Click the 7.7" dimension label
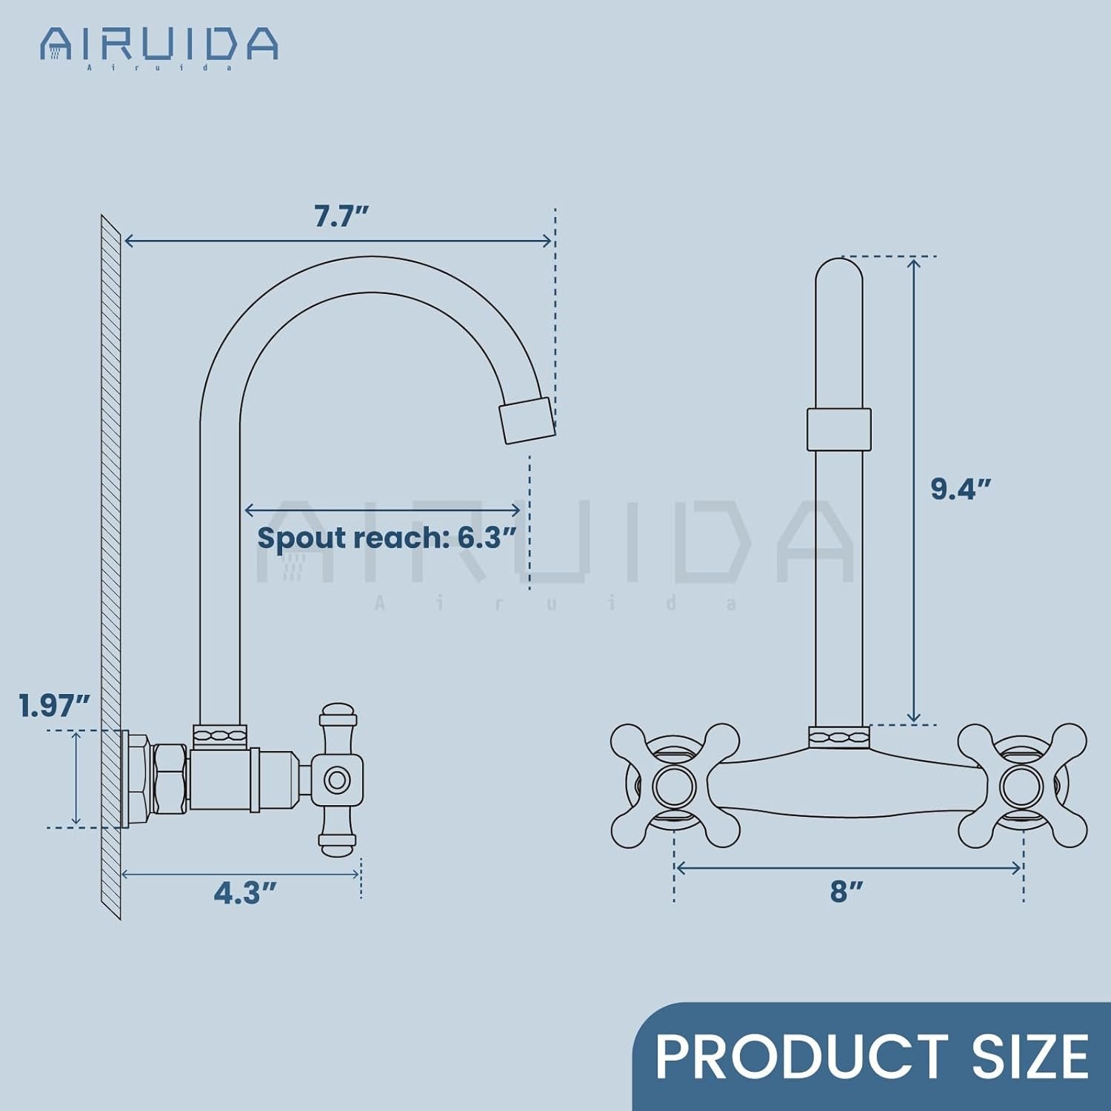coord(341,217)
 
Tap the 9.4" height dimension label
coord(961,490)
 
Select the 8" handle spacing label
coord(847,892)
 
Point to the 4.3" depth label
coord(245,894)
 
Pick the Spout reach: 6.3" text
coord(386,538)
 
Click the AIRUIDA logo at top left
coord(159,47)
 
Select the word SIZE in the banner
coord(1030,1057)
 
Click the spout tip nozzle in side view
coord(527,420)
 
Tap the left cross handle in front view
coord(674,785)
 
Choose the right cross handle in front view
coord(1022,785)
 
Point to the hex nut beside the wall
coord(169,778)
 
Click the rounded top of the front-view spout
coord(839,274)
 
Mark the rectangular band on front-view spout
coord(839,429)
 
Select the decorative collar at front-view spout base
coord(839,738)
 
